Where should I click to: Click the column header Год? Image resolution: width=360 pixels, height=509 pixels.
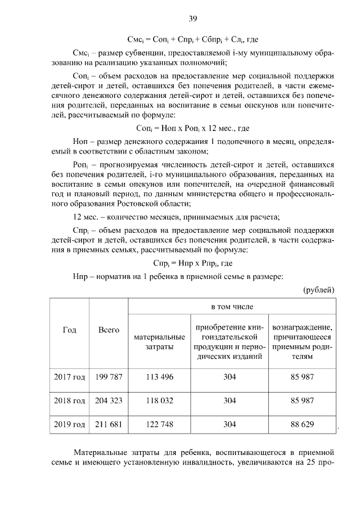click(x=69, y=330)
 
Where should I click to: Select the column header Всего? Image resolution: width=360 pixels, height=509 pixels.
click(x=109, y=330)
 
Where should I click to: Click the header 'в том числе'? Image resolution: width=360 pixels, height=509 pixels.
click(x=232, y=307)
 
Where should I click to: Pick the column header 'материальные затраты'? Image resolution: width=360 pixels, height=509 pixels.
click(x=159, y=342)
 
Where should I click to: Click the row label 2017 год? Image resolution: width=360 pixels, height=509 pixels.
click(x=69, y=376)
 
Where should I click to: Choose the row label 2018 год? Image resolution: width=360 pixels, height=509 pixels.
click(x=69, y=400)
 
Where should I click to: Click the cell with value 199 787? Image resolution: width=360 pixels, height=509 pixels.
click(x=109, y=376)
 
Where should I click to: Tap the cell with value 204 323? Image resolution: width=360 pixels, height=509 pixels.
click(x=109, y=400)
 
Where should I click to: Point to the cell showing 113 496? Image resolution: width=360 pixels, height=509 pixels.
click(x=159, y=376)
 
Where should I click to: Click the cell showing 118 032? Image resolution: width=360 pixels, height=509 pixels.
click(x=159, y=400)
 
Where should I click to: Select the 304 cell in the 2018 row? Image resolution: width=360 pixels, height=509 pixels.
click(x=229, y=400)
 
